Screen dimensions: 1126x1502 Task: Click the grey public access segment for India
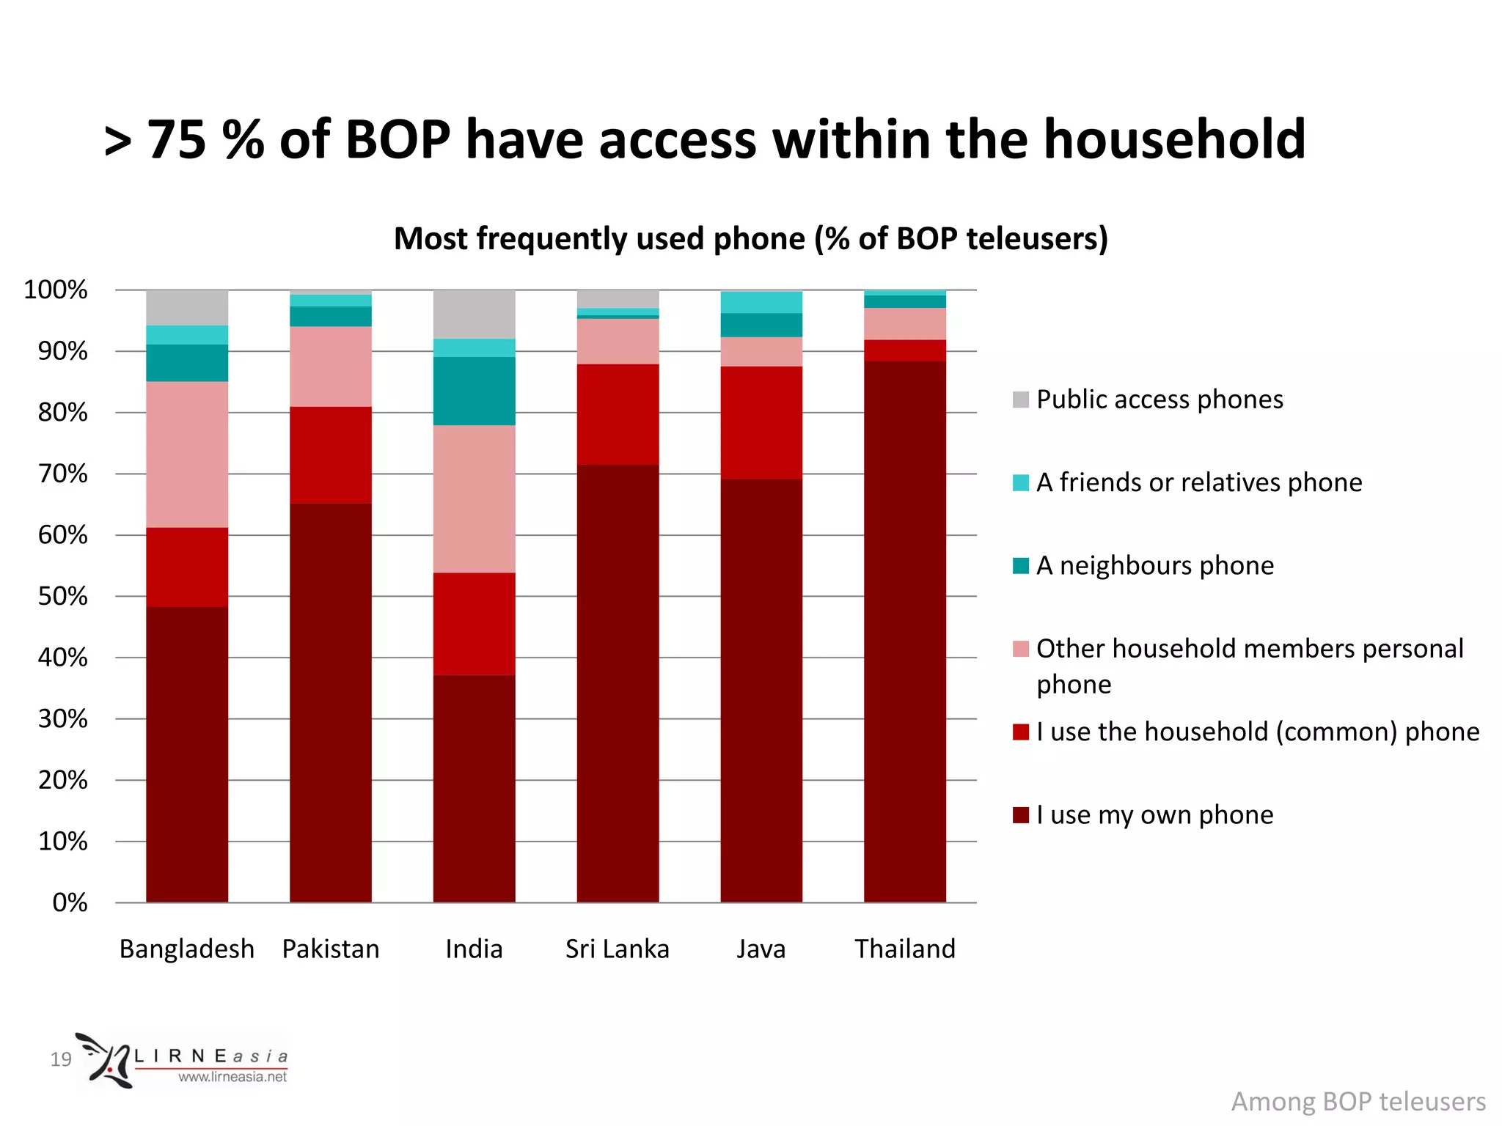474,314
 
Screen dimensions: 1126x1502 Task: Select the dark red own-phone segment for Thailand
904,630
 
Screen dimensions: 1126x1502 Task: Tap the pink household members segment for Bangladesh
187,455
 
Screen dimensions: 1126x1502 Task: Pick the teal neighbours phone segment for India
474,391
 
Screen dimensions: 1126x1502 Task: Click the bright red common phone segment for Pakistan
331,455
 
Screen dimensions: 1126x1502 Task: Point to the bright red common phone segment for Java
761,422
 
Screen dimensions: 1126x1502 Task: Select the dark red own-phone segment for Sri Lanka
618,682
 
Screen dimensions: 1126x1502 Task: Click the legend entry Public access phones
1159,400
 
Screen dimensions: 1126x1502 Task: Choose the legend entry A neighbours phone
1154,565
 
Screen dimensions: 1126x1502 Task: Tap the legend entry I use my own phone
1154,814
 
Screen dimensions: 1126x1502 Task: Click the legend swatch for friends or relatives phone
1020,482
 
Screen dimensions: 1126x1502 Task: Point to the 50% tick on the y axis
62,596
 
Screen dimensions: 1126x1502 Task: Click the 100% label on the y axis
56,290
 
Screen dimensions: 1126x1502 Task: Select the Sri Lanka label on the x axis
618,949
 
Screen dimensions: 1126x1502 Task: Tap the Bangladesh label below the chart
187,949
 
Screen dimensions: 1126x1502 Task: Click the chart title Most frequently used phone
750,239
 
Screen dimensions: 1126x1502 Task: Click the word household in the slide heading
1174,139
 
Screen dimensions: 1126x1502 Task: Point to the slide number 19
61,1059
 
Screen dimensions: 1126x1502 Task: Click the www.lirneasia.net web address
232,1077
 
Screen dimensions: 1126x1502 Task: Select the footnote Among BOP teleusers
1358,1102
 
